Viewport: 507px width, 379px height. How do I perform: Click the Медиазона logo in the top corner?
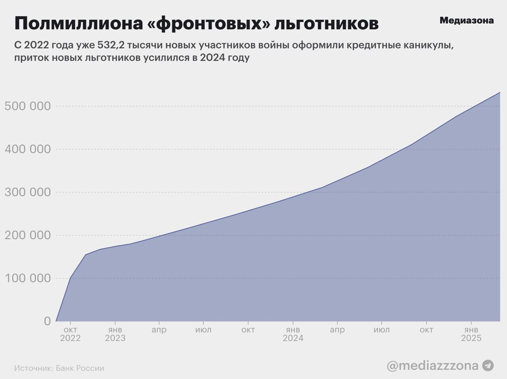click(x=466, y=20)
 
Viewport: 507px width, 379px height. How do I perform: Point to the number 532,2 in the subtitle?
click(x=111, y=45)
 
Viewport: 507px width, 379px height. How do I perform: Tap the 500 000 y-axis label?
click(x=28, y=106)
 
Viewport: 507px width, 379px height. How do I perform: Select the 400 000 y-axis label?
click(x=28, y=149)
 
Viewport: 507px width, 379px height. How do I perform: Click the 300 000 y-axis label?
click(x=28, y=192)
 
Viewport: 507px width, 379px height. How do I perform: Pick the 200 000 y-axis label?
click(x=28, y=235)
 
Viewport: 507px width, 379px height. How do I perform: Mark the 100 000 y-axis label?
click(x=28, y=278)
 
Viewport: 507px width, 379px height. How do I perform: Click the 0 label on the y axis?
click(x=47, y=321)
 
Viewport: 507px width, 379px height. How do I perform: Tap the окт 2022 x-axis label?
click(x=70, y=334)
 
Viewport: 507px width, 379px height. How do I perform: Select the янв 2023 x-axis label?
click(x=115, y=334)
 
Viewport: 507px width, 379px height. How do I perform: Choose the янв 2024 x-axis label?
click(x=293, y=334)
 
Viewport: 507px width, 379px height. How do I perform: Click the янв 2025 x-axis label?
click(x=471, y=334)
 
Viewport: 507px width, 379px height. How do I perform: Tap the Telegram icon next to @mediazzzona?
click(x=488, y=366)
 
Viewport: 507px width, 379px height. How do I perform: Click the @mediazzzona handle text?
click(x=432, y=366)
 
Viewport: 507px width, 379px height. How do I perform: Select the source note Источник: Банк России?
click(x=59, y=368)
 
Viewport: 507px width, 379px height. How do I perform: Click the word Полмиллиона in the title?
click(x=78, y=23)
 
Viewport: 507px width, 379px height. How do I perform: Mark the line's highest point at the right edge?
click(x=499, y=92)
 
